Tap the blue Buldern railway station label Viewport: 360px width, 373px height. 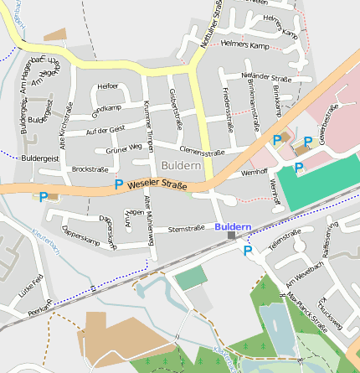232,227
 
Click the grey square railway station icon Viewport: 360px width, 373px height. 232,236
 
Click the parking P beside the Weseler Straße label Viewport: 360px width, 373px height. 119,184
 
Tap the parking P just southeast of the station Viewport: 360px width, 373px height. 248,250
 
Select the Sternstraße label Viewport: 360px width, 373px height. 187,228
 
